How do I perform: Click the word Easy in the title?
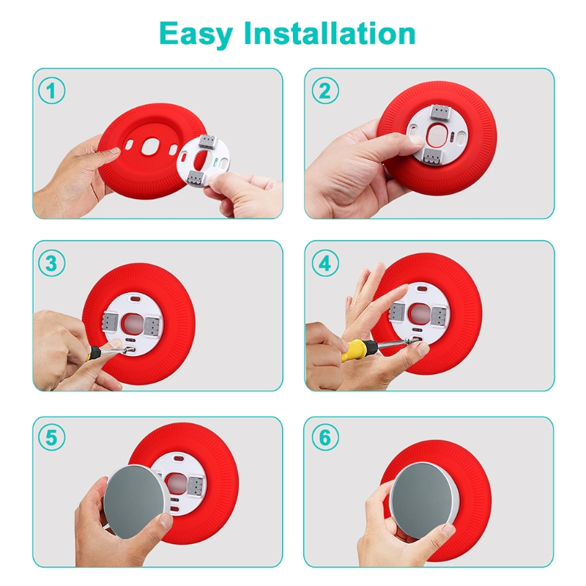(196, 34)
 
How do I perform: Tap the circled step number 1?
(51, 91)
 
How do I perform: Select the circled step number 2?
(325, 91)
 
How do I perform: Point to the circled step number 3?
(51, 263)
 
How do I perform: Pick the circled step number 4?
(325, 263)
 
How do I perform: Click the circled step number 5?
(51, 437)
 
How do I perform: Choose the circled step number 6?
(325, 437)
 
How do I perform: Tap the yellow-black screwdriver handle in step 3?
(94, 352)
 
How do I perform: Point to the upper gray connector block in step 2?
(440, 113)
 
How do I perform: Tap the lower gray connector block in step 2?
(434, 157)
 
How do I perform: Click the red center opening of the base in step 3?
(132, 324)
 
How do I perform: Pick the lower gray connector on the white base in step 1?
(197, 177)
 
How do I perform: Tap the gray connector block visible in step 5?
(196, 486)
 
